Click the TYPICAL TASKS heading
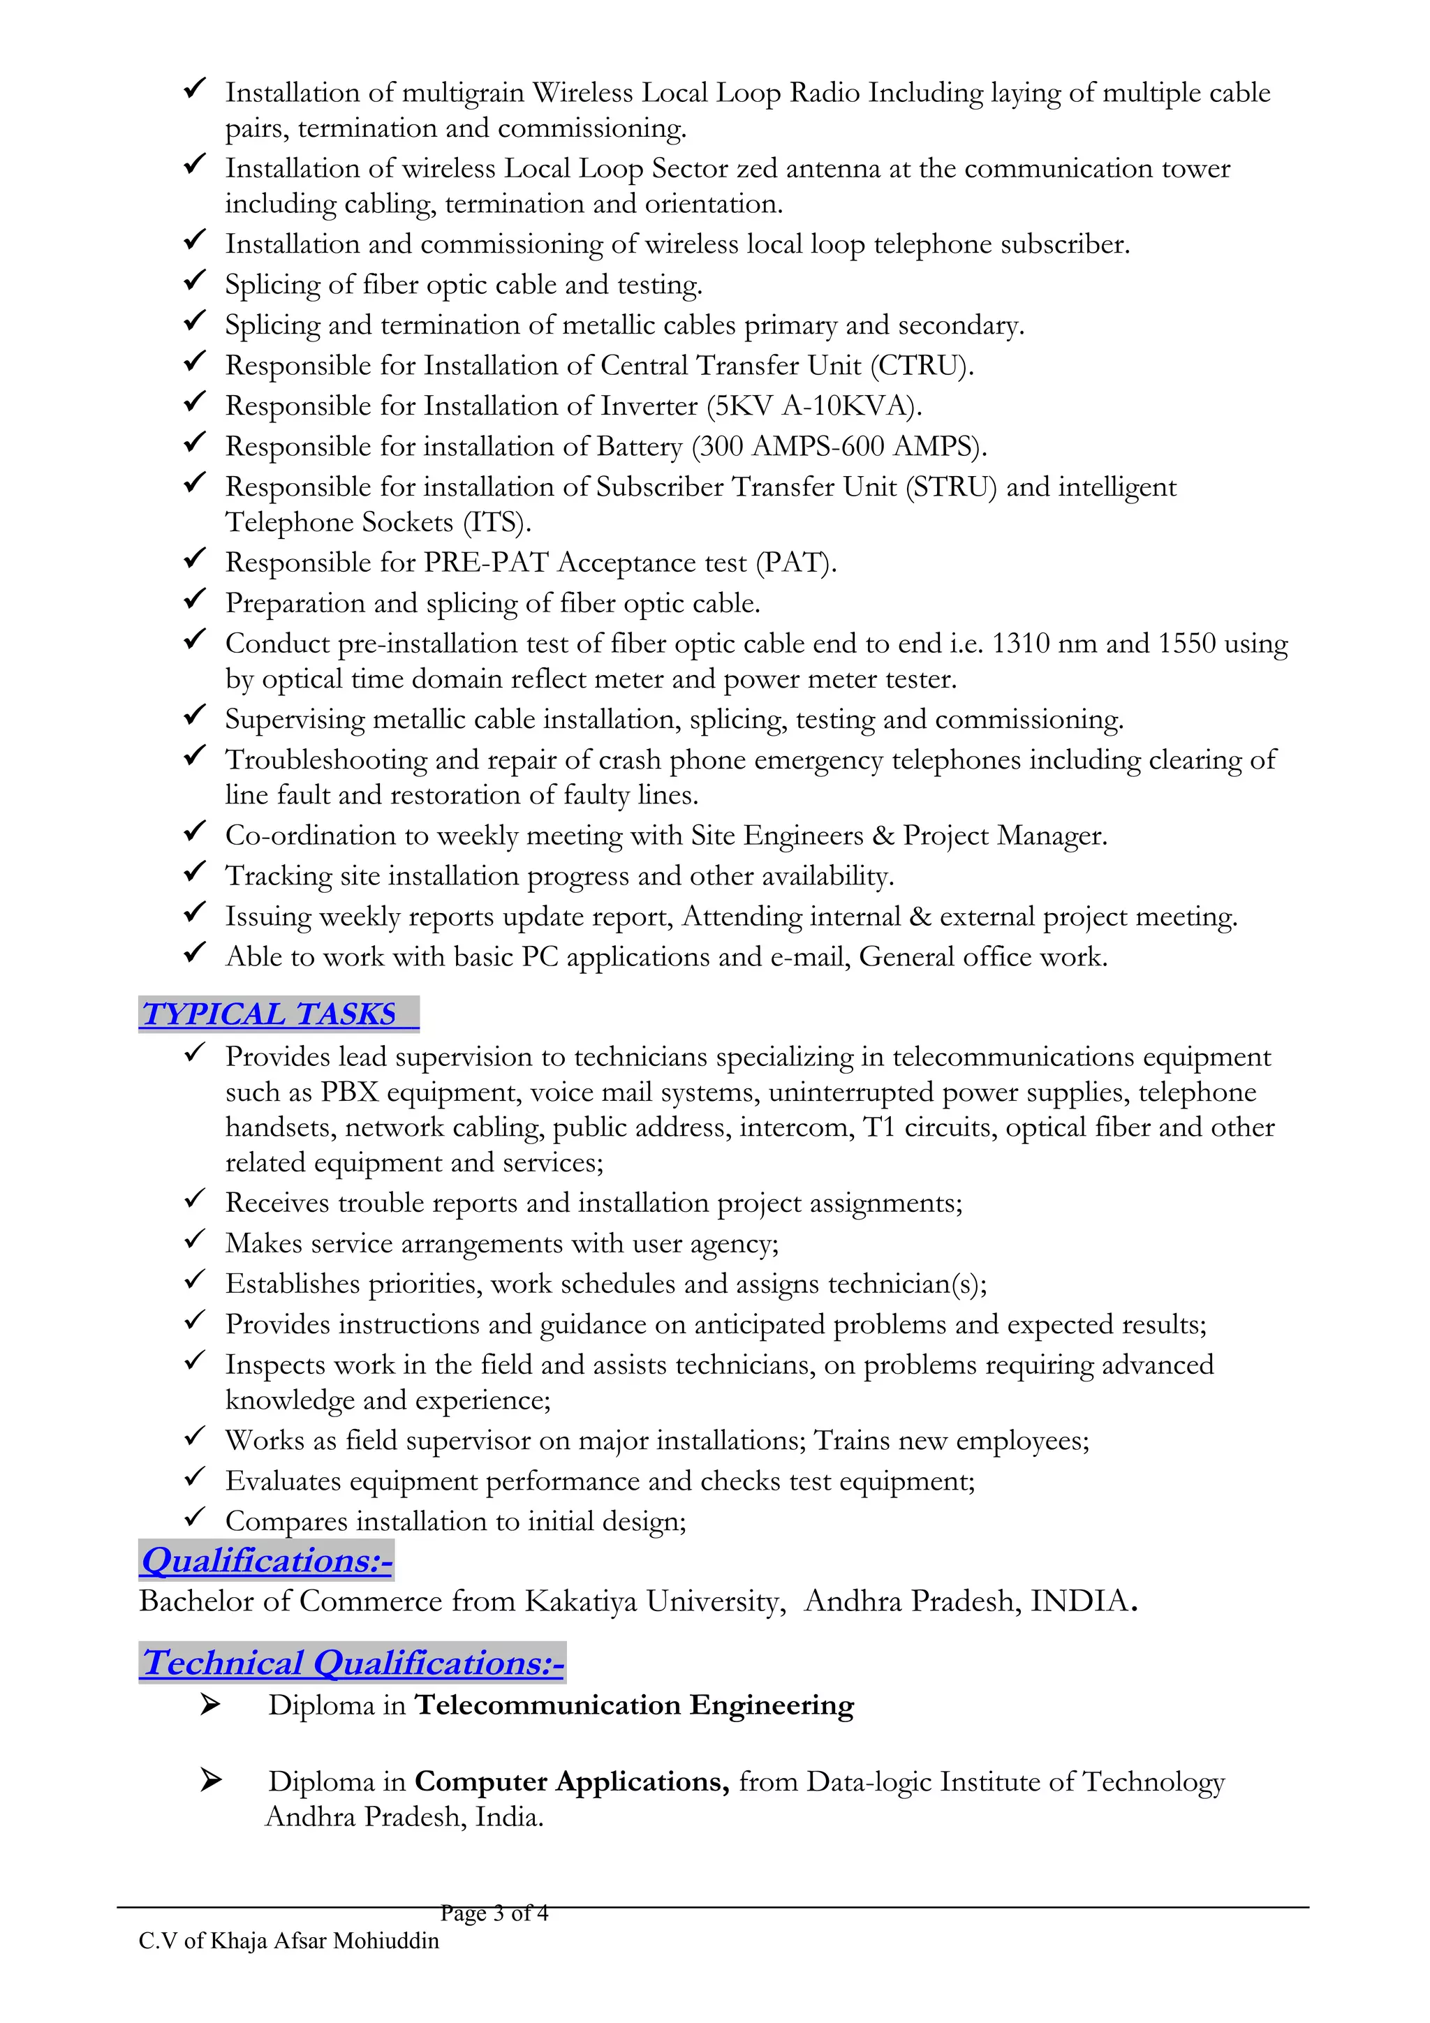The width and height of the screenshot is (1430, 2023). [x=270, y=1014]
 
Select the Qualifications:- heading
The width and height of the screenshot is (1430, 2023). [x=266, y=1560]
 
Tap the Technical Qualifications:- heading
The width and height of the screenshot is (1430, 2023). [x=353, y=1663]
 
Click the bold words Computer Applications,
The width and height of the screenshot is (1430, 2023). [x=572, y=1781]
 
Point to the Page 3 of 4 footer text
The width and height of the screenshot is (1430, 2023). [x=494, y=1913]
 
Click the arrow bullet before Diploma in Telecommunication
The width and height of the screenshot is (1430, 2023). [x=209, y=1704]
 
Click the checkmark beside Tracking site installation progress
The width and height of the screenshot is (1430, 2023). [x=195, y=873]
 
